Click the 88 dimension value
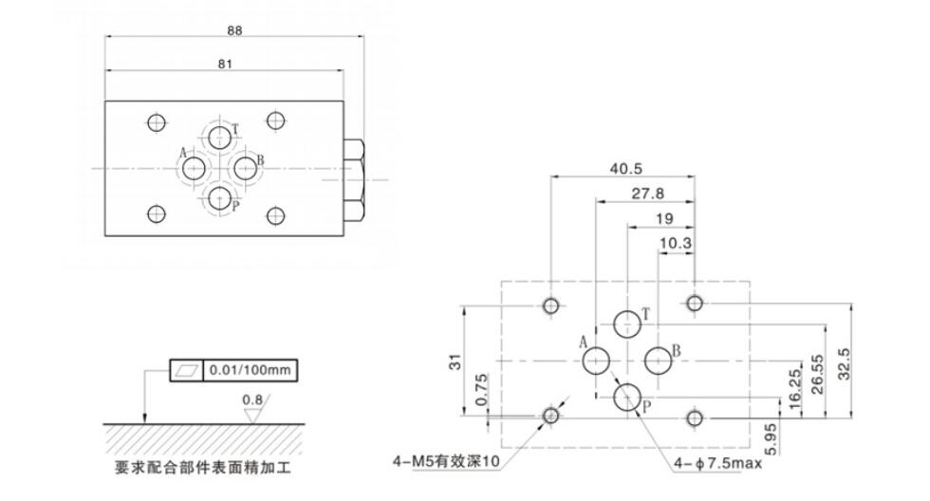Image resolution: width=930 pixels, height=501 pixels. (235, 29)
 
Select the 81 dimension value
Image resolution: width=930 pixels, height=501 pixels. (225, 63)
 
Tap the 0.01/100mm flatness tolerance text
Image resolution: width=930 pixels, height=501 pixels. (250, 369)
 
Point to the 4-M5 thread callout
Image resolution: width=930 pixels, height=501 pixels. (445, 462)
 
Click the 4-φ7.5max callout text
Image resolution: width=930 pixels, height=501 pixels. (717, 463)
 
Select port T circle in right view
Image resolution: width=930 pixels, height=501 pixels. (626, 325)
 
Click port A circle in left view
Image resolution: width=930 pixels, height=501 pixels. (195, 169)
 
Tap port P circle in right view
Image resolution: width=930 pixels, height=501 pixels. (626, 397)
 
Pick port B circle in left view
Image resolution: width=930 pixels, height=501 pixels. (246, 169)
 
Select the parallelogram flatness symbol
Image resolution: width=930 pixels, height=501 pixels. (184, 369)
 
